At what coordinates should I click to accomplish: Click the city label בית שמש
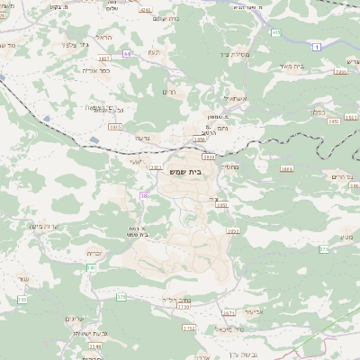pos(184,171)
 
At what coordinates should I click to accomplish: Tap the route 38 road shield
pos(143,195)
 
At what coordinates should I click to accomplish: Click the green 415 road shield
pos(275,33)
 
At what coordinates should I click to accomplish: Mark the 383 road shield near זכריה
pos(90,267)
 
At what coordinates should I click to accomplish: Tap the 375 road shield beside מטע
pos(324,248)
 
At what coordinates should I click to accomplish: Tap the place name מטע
pos(347,237)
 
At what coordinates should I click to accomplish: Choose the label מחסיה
pos(228,166)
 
